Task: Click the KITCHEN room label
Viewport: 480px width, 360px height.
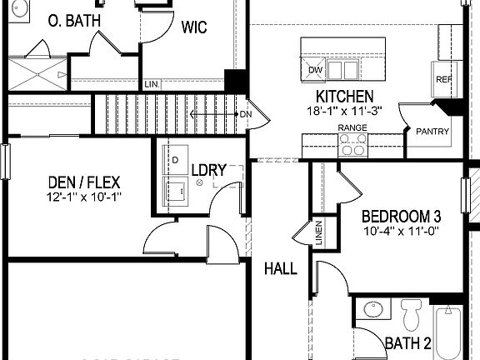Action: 344,97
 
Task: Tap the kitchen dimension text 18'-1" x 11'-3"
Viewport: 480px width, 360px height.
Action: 344,110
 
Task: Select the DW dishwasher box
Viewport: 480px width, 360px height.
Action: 315,69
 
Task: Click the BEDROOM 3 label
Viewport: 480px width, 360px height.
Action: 401,216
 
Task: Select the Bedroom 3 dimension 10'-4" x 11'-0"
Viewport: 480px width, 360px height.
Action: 400,231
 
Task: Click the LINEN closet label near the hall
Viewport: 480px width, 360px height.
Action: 318,232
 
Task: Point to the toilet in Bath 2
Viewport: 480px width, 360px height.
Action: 411,314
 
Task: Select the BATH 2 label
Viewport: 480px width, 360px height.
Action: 407,342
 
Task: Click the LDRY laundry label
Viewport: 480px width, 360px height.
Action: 208,170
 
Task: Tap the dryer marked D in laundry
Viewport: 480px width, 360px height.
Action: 176,157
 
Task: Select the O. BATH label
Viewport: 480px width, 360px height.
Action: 75,19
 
